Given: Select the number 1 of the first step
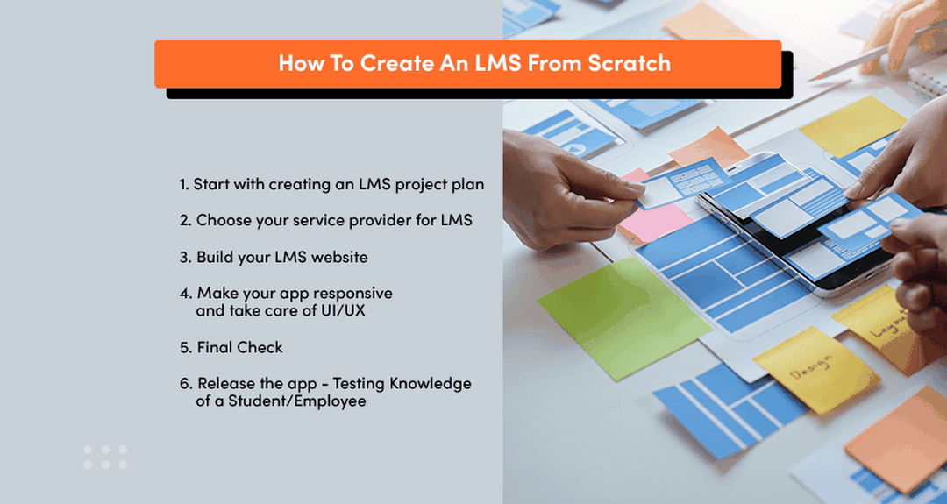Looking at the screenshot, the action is pyautogui.click(x=182, y=184).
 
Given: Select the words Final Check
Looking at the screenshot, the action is pyautogui.click(x=239, y=347).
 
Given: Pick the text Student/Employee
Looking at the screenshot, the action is pyautogui.click(x=296, y=401).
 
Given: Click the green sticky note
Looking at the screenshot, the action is pyautogui.click(x=624, y=317).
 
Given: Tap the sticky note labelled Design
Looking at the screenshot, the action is pyautogui.click(x=816, y=369).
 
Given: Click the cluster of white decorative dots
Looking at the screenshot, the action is pyautogui.click(x=106, y=457).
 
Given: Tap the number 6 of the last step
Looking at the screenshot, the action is pyautogui.click(x=185, y=383).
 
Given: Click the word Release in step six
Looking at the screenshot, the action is pyautogui.click(x=226, y=383).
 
